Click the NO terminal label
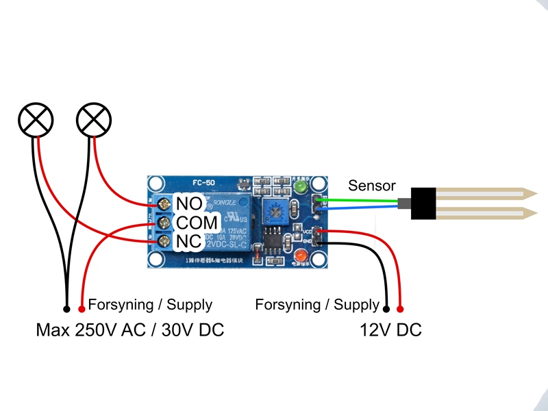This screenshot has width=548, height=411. click(x=189, y=203)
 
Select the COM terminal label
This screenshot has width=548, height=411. click(x=197, y=223)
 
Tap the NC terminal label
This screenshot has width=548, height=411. click(x=188, y=242)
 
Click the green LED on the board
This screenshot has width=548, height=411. click(x=299, y=187)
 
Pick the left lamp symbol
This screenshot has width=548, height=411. click(x=34, y=121)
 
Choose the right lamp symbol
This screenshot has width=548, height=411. click(x=93, y=121)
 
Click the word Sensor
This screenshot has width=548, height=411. click(x=372, y=186)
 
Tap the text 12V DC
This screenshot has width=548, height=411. click(x=390, y=331)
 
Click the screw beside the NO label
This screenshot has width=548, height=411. click(x=164, y=204)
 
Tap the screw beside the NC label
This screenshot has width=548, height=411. click(x=164, y=241)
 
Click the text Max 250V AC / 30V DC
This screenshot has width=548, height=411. click(x=130, y=331)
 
